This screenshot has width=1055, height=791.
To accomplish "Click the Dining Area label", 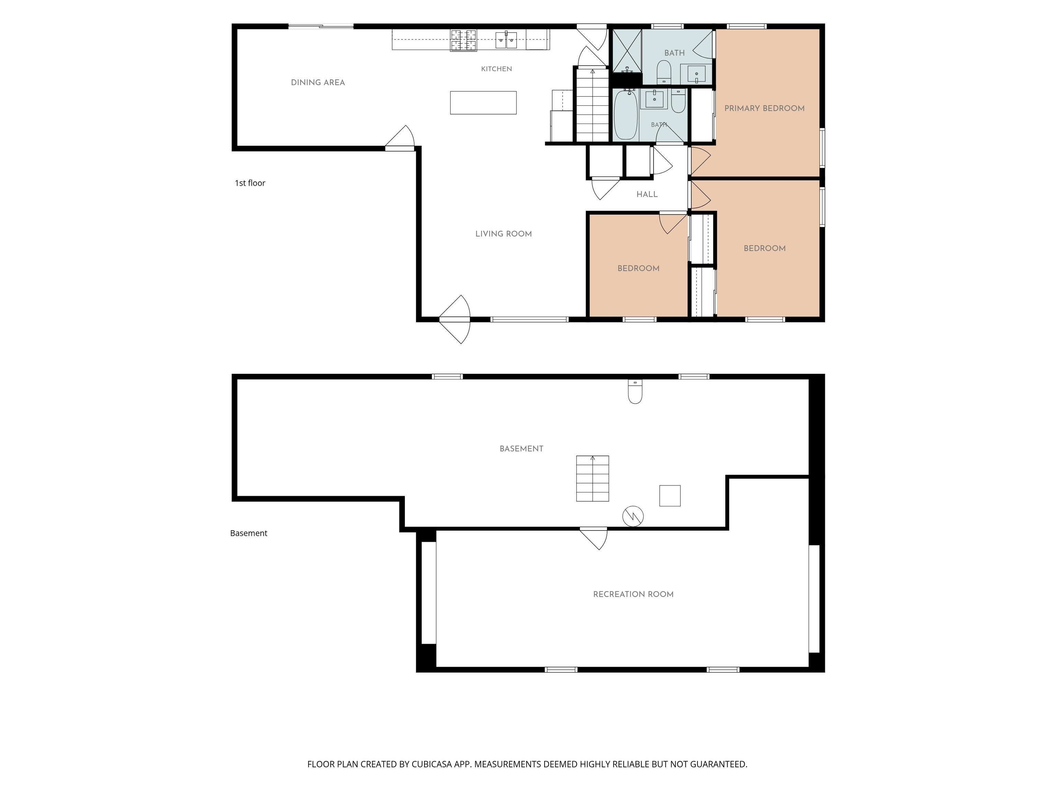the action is pyautogui.click(x=318, y=82).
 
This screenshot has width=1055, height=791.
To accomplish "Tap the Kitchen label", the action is pyautogui.click(x=497, y=69).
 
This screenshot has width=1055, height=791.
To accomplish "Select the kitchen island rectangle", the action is pyautogui.click(x=483, y=103).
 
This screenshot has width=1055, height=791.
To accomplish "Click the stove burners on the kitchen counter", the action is pyautogui.click(x=464, y=40).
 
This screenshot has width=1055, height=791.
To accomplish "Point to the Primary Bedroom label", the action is pyautogui.click(x=764, y=108).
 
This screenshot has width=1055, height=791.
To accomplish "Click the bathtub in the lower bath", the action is pyautogui.click(x=625, y=115).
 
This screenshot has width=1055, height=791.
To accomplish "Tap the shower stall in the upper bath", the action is pyautogui.click(x=627, y=51).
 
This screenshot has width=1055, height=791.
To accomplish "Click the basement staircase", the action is pyautogui.click(x=592, y=478).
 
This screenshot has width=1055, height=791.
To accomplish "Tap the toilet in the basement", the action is pyautogui.click(x=635, y=391).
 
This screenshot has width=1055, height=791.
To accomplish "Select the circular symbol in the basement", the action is pyautogui.click(x=633, y=516).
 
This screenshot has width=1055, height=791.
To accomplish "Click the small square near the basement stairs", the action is pyautogui.click(x=670, y=495).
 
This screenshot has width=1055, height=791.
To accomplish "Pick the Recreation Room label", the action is pyautogui.click(x=633, y=594).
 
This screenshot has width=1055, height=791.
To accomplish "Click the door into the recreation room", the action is pyautogui.click(x=594, y=538).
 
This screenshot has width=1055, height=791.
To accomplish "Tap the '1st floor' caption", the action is pyautogui.click(x=250, y=183).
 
